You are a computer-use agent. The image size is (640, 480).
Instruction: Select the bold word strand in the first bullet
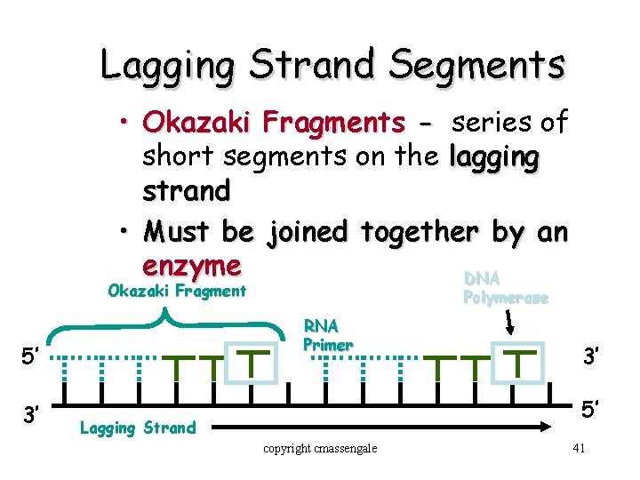(x=186, y=190)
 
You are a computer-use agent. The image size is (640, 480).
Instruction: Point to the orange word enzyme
(x=191, y=266)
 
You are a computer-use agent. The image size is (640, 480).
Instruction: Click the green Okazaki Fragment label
(x=176, y=291)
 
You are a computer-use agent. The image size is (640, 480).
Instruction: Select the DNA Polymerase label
(x=505, y=289)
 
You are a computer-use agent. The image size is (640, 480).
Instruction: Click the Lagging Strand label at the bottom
(x=137, y=428)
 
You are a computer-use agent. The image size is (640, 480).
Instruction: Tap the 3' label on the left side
(x=30, y=415)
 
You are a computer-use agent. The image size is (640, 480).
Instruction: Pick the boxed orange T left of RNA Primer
(x=255, y=364)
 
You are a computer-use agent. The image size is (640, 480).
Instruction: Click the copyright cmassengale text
(x=320, y=448)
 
